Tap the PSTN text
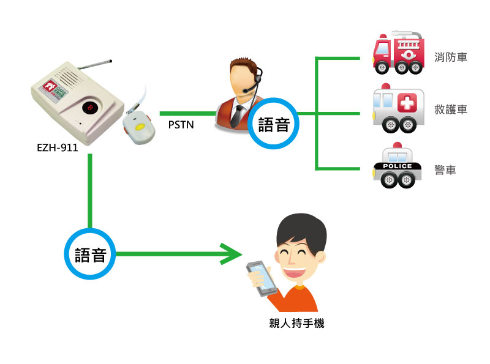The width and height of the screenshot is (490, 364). [x=182, y=126]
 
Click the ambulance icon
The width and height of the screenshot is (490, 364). [x=398, y=110]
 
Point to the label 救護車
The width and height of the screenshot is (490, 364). [x=451, y=110]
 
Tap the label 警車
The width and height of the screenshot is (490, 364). [x=445, y=170]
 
